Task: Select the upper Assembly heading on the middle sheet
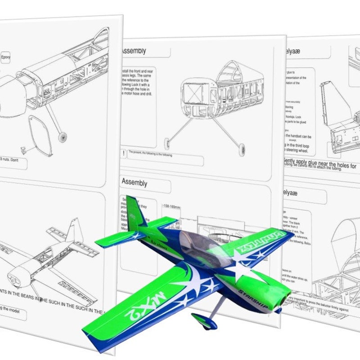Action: [x=134, y=51]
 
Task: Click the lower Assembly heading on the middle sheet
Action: [x=135, y=183]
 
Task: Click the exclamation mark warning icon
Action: [x=123, y=154]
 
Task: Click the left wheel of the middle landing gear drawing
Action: [x=168, y=144]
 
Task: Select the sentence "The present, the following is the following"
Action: [x=150, y=153]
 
